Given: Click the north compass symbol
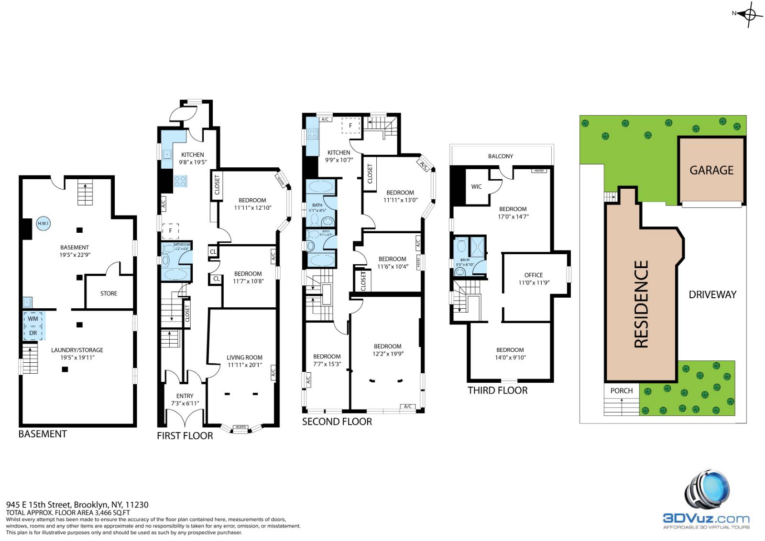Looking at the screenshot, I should pyautogui.click(x=749, y=14).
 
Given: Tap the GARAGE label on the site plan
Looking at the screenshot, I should pyautogui.click(x=711, y=170).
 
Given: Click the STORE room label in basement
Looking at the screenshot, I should pyautogui.click(x=109, y=293).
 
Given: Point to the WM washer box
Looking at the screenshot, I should pyautogui.click(x=33, y=319).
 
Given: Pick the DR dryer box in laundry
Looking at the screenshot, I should pyautogui.click(x=33, y=333).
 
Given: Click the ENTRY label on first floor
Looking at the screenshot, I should pyautogui.click(x=185, y=396).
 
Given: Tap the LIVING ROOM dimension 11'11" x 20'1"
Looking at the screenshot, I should pyautogui.click(x=244, y=365).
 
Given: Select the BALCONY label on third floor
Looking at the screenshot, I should pyautogui.click(x=500, y=156).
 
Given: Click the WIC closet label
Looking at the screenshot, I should pyautogui.click(x=476, y=187).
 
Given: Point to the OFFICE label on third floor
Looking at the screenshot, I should pyautogui.click(x=534, y=275).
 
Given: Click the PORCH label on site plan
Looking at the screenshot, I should pyautogui.click(x=621, y=390).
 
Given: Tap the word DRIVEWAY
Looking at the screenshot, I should pyautogui.click(x=712, y=295).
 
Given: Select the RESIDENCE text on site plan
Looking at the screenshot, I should pyautogui.click(x=641, y=304).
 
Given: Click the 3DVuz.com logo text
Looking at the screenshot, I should pyautogui.click(x=706, y=519).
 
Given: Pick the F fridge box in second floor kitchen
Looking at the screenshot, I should pyautogui.click(x=350, y=126).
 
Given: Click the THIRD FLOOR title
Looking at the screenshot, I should pyautogui.click(x=497, y=390).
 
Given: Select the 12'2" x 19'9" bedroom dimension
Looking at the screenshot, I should pyautogui.click(x=388, y=354).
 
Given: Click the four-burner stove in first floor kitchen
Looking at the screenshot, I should pyautogui.click(x=180, y=181).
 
